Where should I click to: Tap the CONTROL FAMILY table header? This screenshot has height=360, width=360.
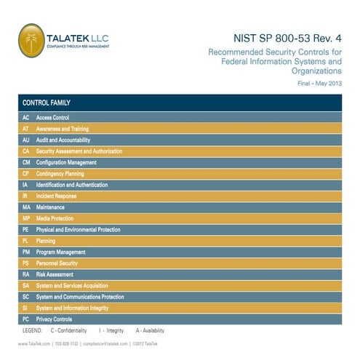point(46,103)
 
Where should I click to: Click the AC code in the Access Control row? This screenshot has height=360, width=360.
point(25,117)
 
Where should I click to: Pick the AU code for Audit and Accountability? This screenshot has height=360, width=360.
point(25,140)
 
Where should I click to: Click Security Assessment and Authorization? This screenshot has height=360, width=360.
point(79,151)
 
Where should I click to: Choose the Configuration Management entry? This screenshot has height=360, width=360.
point(66,162)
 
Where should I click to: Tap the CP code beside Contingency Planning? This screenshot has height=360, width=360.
point(25,174)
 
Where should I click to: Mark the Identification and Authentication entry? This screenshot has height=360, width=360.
point(72,185)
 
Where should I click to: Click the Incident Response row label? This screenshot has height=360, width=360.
point(56,196)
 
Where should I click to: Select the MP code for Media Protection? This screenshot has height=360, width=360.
point(25,218)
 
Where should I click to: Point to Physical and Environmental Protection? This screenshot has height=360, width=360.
point(78,230)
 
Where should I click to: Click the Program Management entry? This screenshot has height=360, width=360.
point(60,252)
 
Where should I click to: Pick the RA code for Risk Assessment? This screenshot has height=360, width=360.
point(25,275)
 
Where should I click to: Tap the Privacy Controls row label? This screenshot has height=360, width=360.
point(54,319)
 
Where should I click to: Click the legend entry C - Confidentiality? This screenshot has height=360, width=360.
point(76,330)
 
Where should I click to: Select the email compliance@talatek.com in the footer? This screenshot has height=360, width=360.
point(106,343)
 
